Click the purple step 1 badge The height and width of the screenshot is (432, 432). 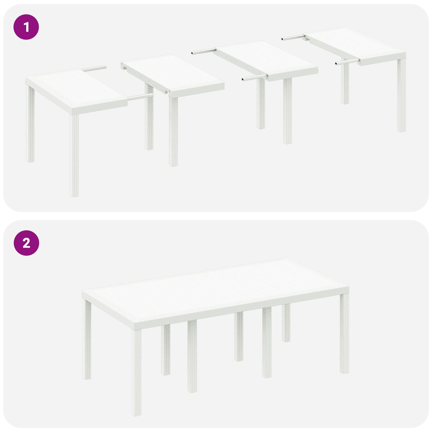[x=26, y=27]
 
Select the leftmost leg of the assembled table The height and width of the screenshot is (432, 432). [x=87, y=339]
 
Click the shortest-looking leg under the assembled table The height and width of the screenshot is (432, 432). [x=286, y=323]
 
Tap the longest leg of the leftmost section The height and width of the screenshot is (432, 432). [x=74, y=154]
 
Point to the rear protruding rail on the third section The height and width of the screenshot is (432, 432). [x=202, y=51]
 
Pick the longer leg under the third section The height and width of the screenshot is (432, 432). [x=288, y=111]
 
